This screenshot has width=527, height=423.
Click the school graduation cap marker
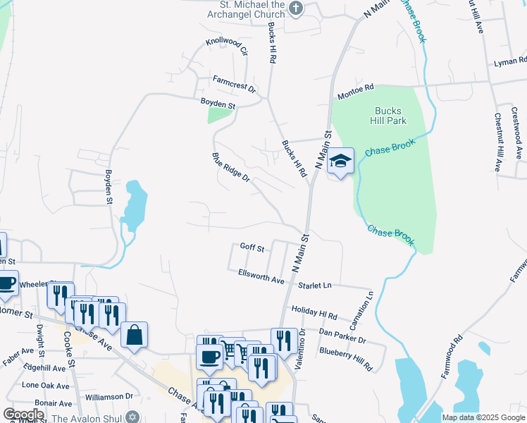[340, 161]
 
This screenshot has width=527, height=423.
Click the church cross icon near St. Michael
[296, 8]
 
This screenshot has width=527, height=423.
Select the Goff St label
[252, 247]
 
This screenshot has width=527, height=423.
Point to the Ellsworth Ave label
[261, 276]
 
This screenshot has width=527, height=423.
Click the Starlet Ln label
[315, 285]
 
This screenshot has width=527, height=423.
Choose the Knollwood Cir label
[227, 47]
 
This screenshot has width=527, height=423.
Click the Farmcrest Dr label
[235, 80]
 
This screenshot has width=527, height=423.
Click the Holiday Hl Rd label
[314, 313]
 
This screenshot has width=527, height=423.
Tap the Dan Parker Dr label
[342, 335]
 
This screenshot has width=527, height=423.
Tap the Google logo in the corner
[23, 414]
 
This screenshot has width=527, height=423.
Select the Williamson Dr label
[109, 396]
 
